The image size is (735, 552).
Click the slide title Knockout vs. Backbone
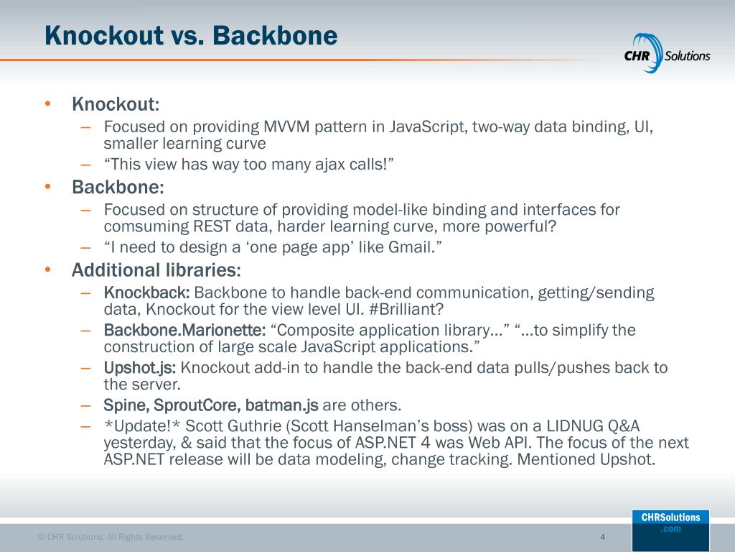click(x=190, y=35)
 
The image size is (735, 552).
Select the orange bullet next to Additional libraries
click(x=47, y=270)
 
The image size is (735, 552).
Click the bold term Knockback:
click(x=146, y=293)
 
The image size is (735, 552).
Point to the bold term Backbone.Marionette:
click(x=184, y=330)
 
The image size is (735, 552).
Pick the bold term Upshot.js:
click(x=140, y=368)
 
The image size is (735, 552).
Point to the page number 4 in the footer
click(x=602, y=537)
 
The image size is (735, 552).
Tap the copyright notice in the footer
click(x=111, y=537)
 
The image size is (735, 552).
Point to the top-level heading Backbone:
click(x=118, y=188)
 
